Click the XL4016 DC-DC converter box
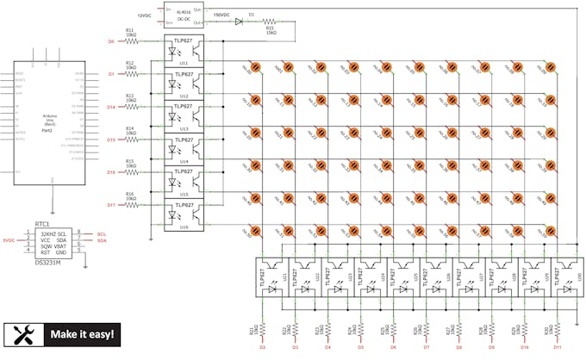[x=183, y=16]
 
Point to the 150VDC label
[x=221, y=15]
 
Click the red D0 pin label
[x=110, y=41]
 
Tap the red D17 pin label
[x=110, y=205]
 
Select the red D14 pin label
[x=110, y=107]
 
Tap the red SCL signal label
[x=102, y=233]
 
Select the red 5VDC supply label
[x=9, y=240]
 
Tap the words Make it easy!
[x=83, y=334]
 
